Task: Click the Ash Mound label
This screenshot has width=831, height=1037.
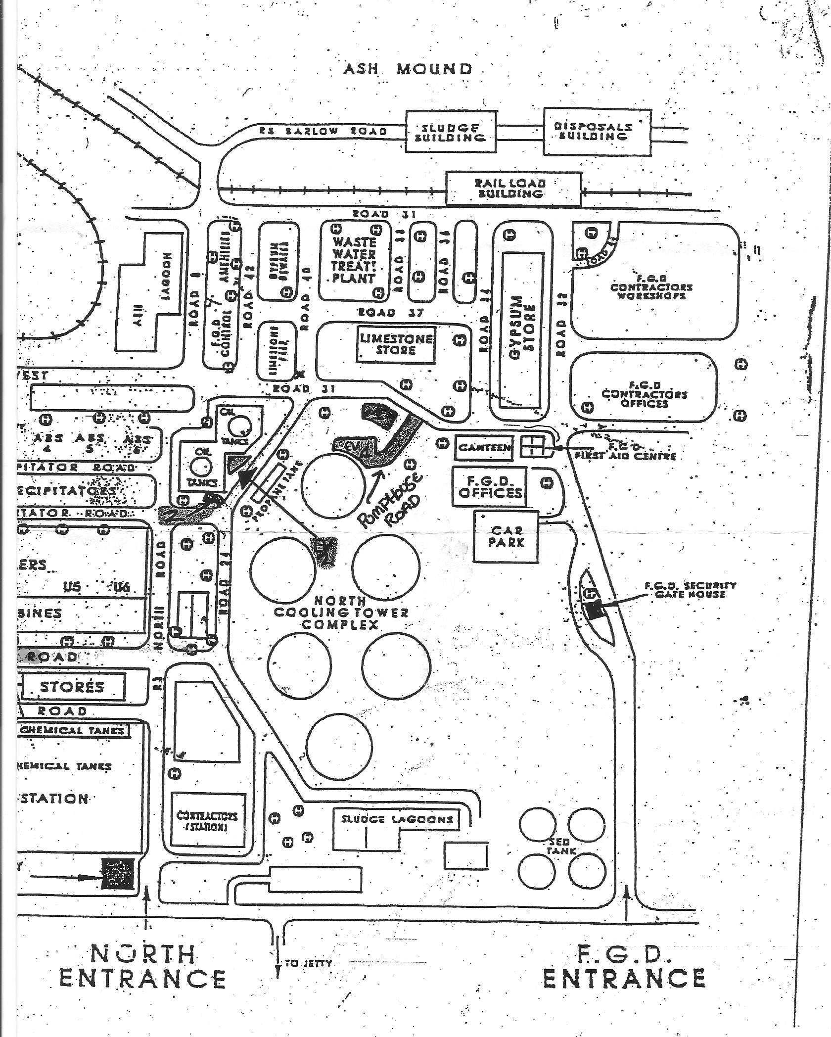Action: [408, 69]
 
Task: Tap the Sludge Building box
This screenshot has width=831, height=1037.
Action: [450, 132]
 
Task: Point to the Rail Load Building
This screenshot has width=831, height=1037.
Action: [513, 188]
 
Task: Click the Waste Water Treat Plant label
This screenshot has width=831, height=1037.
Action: [354, 260]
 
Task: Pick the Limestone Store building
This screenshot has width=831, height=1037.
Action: [396, 344]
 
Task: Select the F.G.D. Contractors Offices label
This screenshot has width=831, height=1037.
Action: [644, 394]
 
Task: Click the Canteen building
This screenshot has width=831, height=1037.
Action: [484, 447]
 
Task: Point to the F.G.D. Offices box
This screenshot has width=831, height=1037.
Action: [490, 487]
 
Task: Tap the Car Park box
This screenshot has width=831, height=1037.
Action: [506, 537]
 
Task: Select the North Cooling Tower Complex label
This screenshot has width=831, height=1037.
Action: [341, 613]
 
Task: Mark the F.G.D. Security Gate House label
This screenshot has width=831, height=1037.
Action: [690, 590]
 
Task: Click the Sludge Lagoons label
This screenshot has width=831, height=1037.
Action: [397, 819]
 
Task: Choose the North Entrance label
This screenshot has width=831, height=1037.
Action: [142, 965]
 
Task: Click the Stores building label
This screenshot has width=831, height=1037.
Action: [72, 687]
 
